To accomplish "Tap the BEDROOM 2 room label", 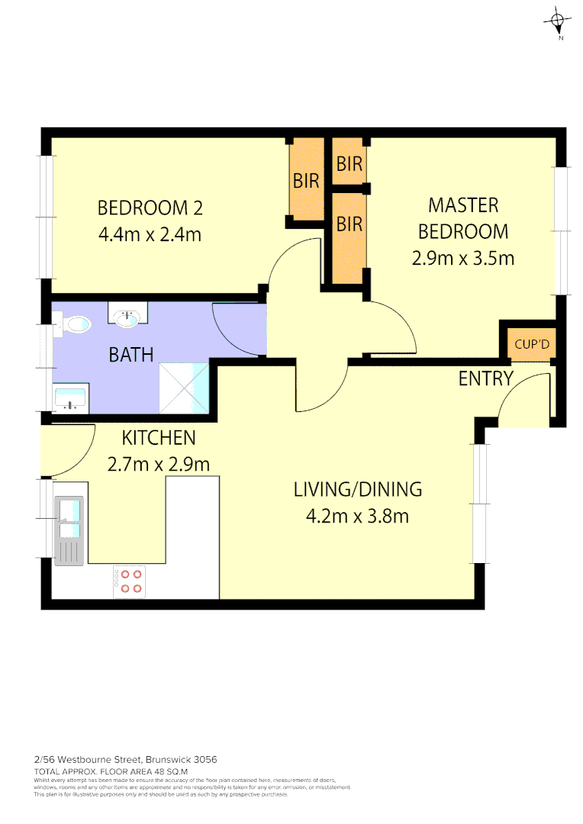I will click(150, 208).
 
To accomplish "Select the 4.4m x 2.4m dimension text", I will click(150, 234).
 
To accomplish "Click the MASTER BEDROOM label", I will click(463, 217).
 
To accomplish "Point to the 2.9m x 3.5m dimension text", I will click(463, 258).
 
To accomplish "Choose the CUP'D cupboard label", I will click(532, 345).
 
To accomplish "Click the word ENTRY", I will click(486, 378).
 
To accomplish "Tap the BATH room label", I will click(130, 355).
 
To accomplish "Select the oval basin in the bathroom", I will click(127, 317).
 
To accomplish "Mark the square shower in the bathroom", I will click(183, 388).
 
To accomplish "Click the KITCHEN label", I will click(159, 438).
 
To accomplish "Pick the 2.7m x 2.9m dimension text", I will click(159, 463).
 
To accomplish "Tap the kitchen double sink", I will click(70, 520).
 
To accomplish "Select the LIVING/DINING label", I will click(357, 490).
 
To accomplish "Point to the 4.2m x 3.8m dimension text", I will click(357, 517).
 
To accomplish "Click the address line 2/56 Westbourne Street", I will click(126, 759).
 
